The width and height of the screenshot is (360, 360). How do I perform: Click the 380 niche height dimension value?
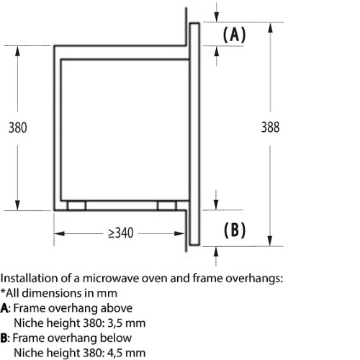point(18,127)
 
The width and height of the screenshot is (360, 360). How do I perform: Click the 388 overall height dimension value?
point(270,127)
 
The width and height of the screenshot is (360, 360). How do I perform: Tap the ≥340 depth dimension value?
point(121,233)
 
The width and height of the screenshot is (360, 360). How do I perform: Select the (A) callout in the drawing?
point(234,35)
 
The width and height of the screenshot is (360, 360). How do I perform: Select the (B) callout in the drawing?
point(235,230)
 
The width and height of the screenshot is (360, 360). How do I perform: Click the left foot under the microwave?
point(76,206)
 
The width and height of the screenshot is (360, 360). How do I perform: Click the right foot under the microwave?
point(167,206)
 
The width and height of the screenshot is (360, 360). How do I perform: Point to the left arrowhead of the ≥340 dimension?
point(59,233)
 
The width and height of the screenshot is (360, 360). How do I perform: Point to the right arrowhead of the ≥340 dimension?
point(179,233)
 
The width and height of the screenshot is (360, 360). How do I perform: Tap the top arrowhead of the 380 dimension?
point(17,51)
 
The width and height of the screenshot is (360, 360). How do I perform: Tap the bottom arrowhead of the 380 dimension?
point(17,205)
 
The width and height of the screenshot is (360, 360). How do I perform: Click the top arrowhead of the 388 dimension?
point(270,28)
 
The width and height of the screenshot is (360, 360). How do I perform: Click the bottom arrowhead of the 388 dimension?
point(270,241)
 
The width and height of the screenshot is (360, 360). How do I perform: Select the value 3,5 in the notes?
point(115,323)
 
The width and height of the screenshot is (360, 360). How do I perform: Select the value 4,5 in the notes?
point(115,354)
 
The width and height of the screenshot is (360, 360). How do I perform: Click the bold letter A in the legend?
point(4,308)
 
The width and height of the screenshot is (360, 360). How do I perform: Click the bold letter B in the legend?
point(4,338)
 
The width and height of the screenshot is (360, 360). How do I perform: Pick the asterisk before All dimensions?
point(3,292)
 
